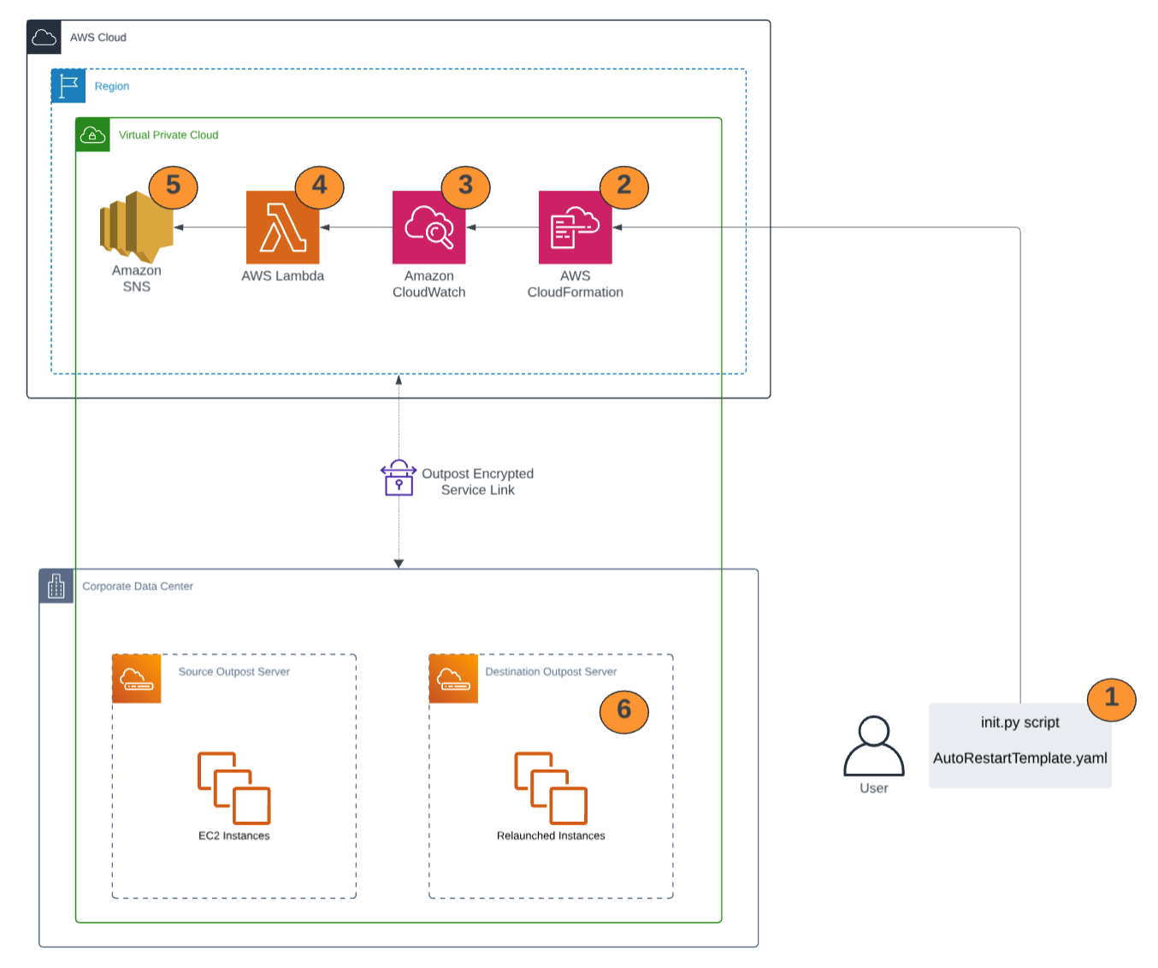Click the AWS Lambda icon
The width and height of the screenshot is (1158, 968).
[x=282, y=227]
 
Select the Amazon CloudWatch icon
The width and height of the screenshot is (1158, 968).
[x=428, y=227]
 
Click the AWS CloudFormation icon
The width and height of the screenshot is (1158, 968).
[x=575, y=227]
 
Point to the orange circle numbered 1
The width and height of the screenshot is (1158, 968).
[x=1111, y=699]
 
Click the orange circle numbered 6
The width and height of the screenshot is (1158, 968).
[x=623, y=711]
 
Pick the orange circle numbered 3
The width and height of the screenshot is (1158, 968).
[x=465, y=186]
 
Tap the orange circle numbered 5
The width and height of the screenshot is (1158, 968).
[x=173, y=186]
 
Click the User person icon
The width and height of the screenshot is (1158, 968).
[x=873, y=746]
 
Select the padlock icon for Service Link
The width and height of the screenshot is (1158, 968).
[x=399, y=478]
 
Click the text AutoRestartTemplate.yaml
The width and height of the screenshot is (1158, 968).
[x=1019, y=758]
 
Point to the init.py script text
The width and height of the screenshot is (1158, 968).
[x=1019, y=723]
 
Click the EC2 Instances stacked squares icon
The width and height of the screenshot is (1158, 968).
[x=233, y=788]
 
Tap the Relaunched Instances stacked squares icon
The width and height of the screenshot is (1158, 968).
[x=551, y=788]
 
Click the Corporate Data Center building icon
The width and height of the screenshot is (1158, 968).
[x=56, y=587]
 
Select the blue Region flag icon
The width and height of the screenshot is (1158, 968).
[x=68, y=86]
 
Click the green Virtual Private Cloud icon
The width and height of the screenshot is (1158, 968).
[x=92, y=135]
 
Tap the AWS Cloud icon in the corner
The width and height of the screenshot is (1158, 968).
[x=44, y=38]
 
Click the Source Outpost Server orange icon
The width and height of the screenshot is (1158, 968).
[x=137, y=679]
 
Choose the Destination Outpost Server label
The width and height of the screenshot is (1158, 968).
[x=551, y=672]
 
